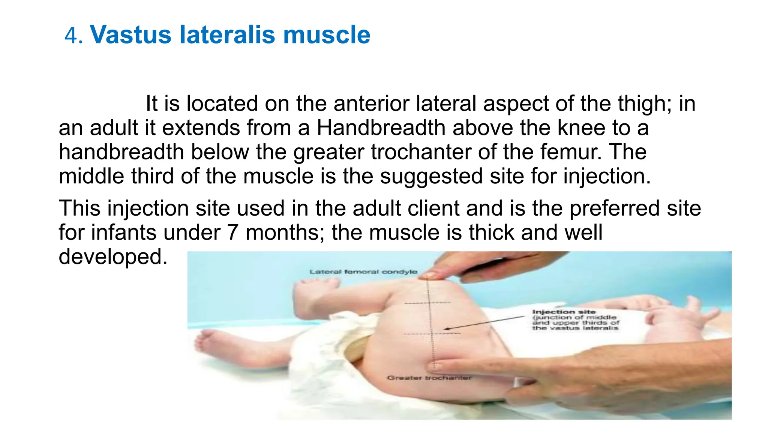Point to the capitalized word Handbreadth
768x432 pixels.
pos(381,128)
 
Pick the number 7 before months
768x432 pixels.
pos(232,232)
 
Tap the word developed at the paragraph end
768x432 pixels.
pos(113,257)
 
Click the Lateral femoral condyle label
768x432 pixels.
pos(363,271)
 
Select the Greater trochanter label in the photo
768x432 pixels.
pos(429,378)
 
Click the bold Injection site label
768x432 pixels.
pos(564,312)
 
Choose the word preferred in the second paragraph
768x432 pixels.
pos(615,208)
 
